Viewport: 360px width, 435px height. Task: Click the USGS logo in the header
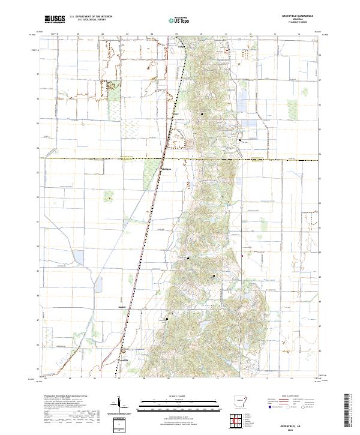55,19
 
